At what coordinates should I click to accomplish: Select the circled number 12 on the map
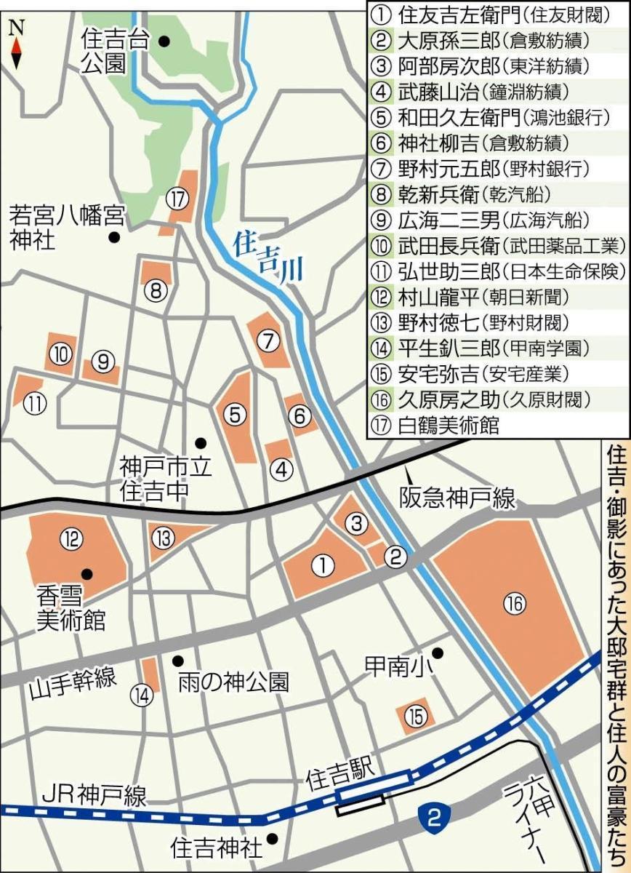92,539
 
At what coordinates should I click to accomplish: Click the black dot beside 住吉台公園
165,42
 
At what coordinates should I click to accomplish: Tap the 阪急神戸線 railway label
457,498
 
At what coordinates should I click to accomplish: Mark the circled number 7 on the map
268,339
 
